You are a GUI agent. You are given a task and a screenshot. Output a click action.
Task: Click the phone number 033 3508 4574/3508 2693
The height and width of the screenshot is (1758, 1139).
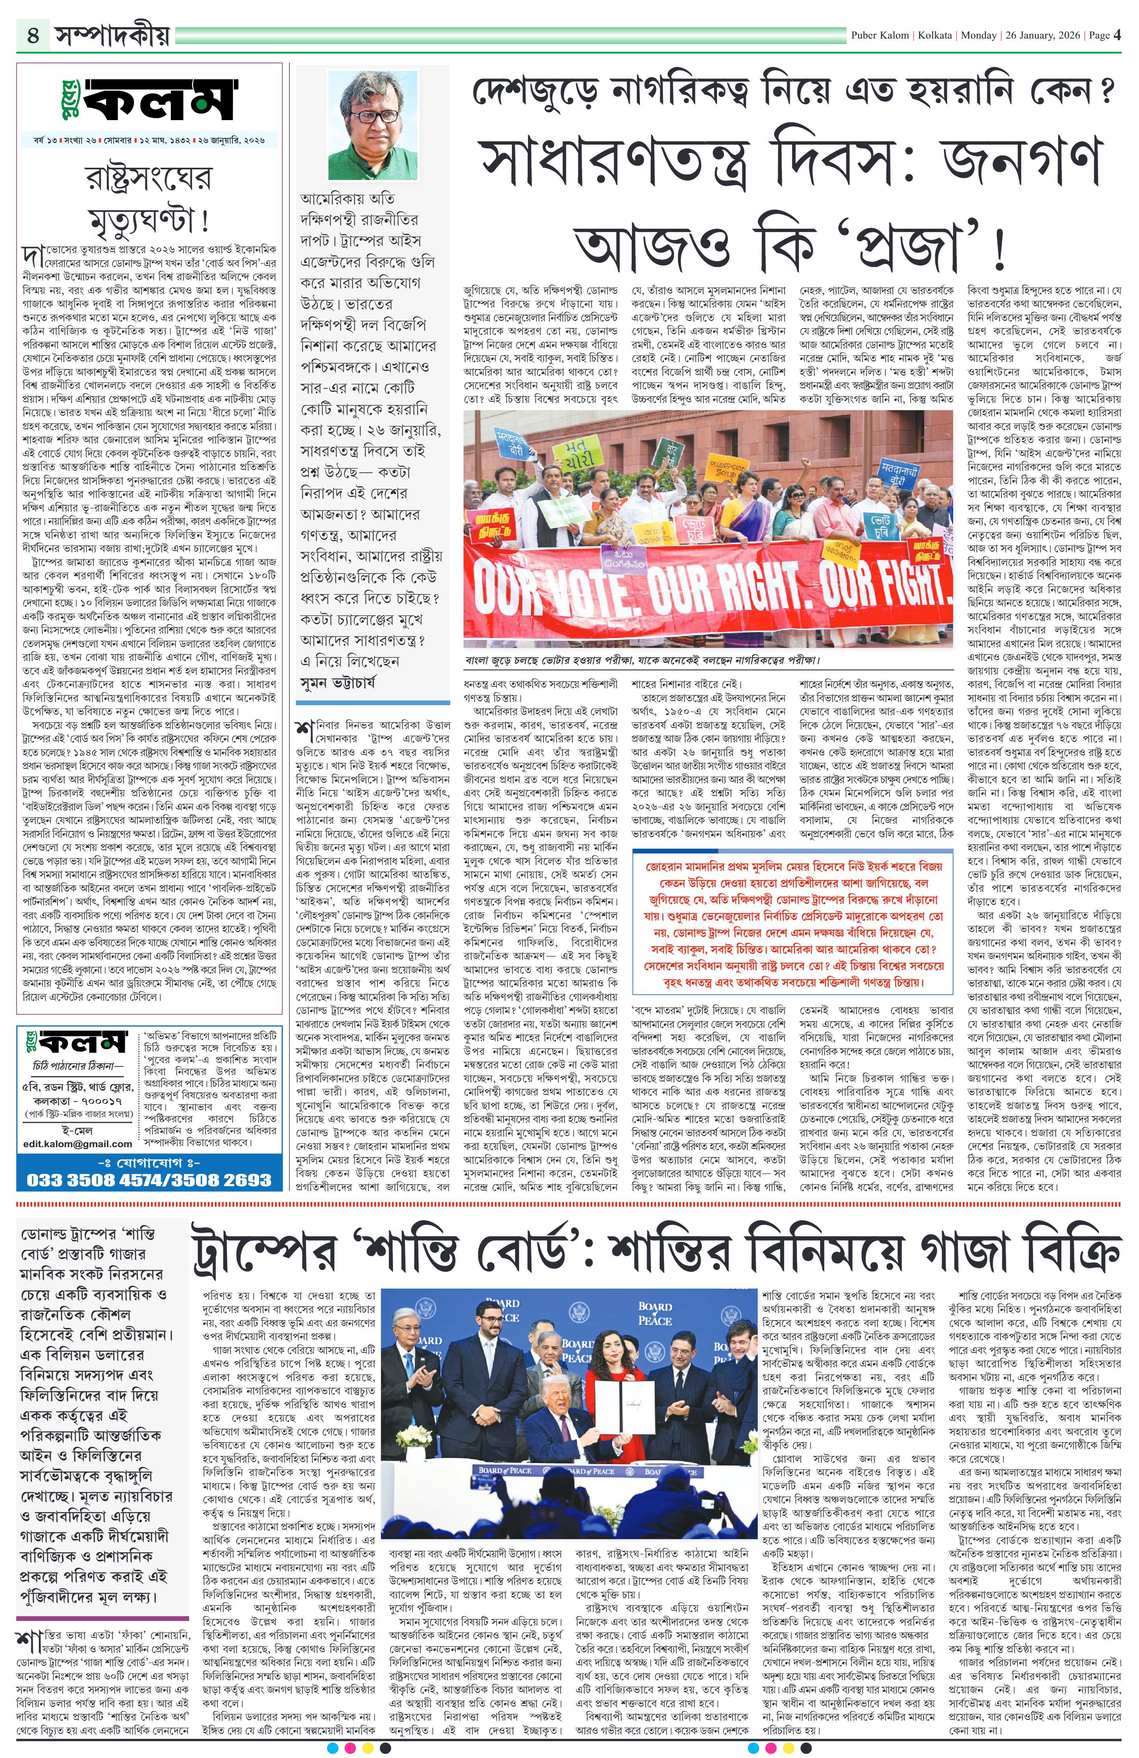(x=149, y=1179)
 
